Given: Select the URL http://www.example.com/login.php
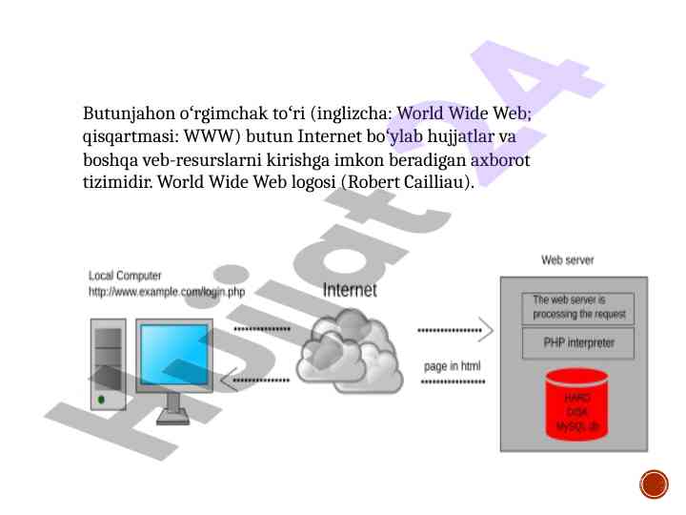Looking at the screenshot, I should click(x=167, y=292).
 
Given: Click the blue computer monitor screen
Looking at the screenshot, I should click(x=172, y=355).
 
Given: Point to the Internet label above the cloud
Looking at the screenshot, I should click(x=350, y=290).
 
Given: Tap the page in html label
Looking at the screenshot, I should click(x=453, y=365).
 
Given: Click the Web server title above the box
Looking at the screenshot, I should click(x=568, y=259).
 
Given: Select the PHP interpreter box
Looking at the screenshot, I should click(x=578, y=343).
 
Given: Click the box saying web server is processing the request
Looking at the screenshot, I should click(x=578, y=307).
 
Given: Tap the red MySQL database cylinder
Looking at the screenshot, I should click(x=577, y=404).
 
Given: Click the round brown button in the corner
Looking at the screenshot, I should click(x=653, y=484).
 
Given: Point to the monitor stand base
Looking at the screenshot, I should click(x=173, y=418).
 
